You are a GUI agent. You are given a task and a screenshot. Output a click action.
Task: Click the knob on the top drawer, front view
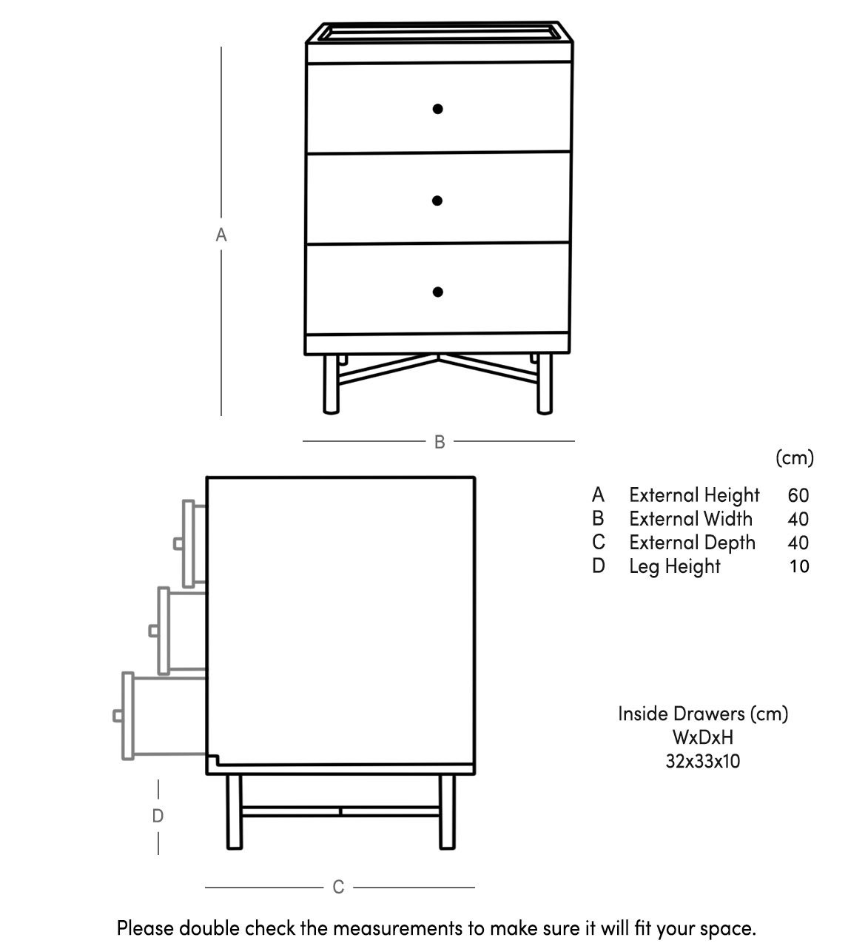tap(437, 109)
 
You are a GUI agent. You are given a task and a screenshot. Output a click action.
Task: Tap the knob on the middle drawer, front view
tap(437, 201)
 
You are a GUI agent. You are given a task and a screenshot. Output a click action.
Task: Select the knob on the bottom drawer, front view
tap(437, 292)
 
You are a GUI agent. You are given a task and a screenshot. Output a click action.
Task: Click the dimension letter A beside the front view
tap(221, 235)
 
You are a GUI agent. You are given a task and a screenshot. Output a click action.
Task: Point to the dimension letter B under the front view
tap(440, 442)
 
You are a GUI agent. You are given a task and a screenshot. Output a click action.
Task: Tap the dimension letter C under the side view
tap(338, 887)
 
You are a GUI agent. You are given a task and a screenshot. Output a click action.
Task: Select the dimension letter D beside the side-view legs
tap(158, 816)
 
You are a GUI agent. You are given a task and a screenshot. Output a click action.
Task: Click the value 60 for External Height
tap(798, 495)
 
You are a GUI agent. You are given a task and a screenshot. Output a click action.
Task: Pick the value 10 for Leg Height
tap(799, 566)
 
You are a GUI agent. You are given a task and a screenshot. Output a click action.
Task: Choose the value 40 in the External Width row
tap(798, 519)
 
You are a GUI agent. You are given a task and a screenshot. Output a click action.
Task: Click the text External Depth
tap(692, 543)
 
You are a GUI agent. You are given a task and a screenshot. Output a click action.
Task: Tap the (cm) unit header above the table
tap(795, 457)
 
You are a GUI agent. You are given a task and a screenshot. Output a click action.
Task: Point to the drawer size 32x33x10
tap(702, 761)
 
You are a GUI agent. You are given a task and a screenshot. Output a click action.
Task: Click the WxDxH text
tap(702, 737)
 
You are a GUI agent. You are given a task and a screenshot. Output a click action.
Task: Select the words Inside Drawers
tap(681, 714)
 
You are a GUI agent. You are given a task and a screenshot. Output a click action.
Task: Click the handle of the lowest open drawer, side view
tap(118, 716)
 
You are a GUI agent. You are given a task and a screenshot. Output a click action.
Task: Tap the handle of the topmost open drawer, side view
tap(178, 543)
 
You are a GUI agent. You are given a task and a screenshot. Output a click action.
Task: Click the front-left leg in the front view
tap(331, 383)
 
